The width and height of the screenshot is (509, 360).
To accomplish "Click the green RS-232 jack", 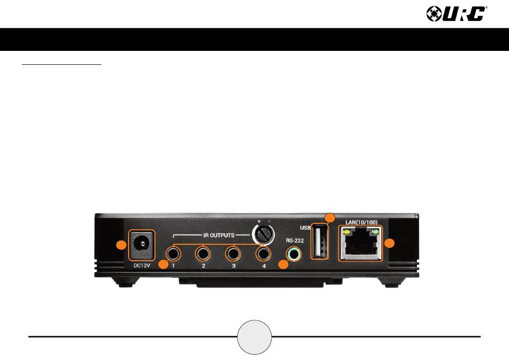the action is (293, 254).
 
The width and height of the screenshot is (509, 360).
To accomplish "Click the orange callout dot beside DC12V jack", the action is (122, 245).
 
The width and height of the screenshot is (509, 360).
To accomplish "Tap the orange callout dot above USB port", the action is (331, 217).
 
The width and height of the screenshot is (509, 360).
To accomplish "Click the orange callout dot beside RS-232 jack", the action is (283, 265).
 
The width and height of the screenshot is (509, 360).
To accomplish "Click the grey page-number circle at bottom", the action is (254, 337).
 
